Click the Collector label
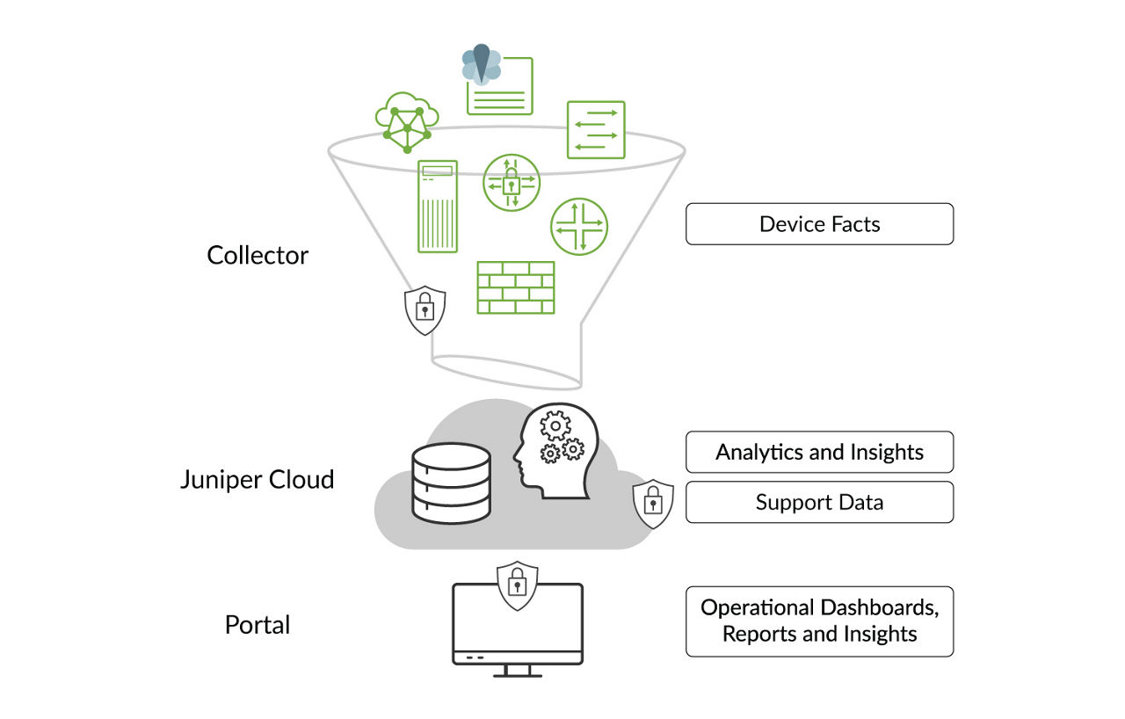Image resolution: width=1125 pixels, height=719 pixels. [258, 256]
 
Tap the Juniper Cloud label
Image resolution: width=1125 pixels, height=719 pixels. [257, 480]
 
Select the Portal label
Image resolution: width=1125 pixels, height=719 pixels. [258, 625]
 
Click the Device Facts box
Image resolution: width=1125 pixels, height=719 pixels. [819, 224]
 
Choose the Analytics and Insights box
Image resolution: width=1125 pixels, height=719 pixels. [819, 453]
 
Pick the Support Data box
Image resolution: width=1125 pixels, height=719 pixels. [819, 503]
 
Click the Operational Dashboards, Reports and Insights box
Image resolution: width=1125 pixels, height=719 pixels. [819, 621]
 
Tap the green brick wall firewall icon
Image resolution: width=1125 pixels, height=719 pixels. [515, 287]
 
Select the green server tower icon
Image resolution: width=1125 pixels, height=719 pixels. [437, 207]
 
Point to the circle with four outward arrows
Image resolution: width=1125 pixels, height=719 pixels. [579, 226]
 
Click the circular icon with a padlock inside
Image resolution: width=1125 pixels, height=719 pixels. [512, 183]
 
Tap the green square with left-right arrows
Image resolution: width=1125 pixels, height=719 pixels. [596, 130]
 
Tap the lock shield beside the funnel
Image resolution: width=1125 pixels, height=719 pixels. [425, 309]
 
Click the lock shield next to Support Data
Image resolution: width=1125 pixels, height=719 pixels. [653, 504]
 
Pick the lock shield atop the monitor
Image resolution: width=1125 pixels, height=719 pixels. [517, 585]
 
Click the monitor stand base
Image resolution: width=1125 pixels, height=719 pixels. [517, 674]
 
